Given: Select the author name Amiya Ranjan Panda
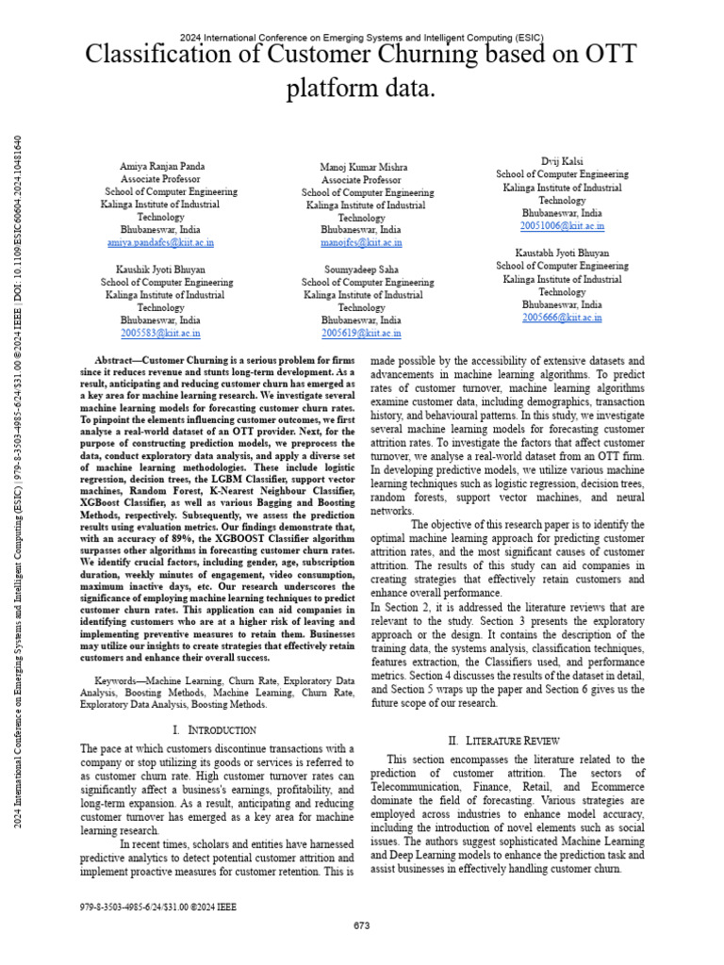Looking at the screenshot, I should click(x=161, y=166).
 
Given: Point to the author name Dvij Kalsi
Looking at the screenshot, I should click(x=562, y=161).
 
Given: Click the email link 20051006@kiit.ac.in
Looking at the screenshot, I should click(x=562, y=226).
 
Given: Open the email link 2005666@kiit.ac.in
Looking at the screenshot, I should click(x=562, y=318).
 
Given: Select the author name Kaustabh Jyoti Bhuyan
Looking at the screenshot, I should click(x=562, y=253).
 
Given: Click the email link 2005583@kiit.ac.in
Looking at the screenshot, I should click(x=160, y=333).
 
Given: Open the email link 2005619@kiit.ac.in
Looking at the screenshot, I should click(x=361, y=333).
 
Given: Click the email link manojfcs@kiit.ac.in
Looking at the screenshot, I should click(x=361, y=242).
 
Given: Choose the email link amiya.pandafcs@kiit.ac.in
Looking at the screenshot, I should click(x=160, y=242).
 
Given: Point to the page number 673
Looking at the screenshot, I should click(x=361, y=925).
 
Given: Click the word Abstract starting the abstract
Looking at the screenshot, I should click(x=117, y=361).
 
